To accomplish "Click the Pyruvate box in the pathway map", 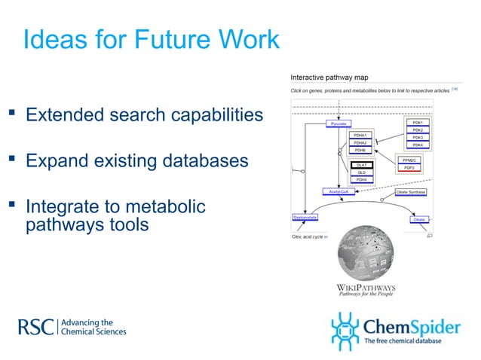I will pos(339,123).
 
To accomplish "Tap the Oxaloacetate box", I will pos(305,218).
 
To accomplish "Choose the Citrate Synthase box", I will pos(411,192).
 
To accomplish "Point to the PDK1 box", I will pos(418,122).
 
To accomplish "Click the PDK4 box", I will pos(418,145).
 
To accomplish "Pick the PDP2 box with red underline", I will pos(408,167).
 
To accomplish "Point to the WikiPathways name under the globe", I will pos(364,287).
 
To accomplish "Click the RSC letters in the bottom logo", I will pos(35,326).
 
